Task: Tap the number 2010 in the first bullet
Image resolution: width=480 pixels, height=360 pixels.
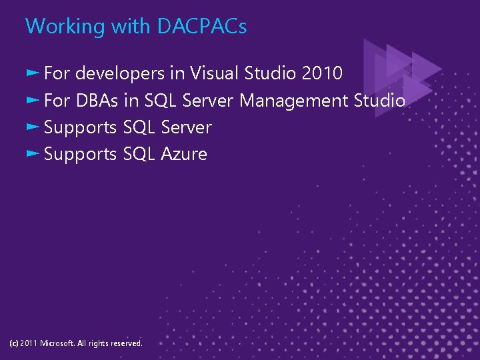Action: tap(322, 73)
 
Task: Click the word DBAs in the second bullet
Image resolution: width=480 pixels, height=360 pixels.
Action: tap(97, 101)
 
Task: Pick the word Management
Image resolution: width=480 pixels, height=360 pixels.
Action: tap(293, 101)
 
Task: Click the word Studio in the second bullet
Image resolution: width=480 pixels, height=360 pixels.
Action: tap(379, 101)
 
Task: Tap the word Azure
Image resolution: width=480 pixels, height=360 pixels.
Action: tap(184, 154)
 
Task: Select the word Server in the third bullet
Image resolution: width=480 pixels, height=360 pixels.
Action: tap(187, 127)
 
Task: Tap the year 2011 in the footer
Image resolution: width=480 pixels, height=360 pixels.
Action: tap(29, 343)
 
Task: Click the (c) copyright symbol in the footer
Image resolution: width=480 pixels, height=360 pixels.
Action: tap(14, 343)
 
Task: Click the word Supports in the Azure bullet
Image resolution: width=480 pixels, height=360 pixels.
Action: tap(80, 154)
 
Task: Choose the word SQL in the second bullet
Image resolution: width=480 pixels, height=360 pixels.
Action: tap(161, 101)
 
